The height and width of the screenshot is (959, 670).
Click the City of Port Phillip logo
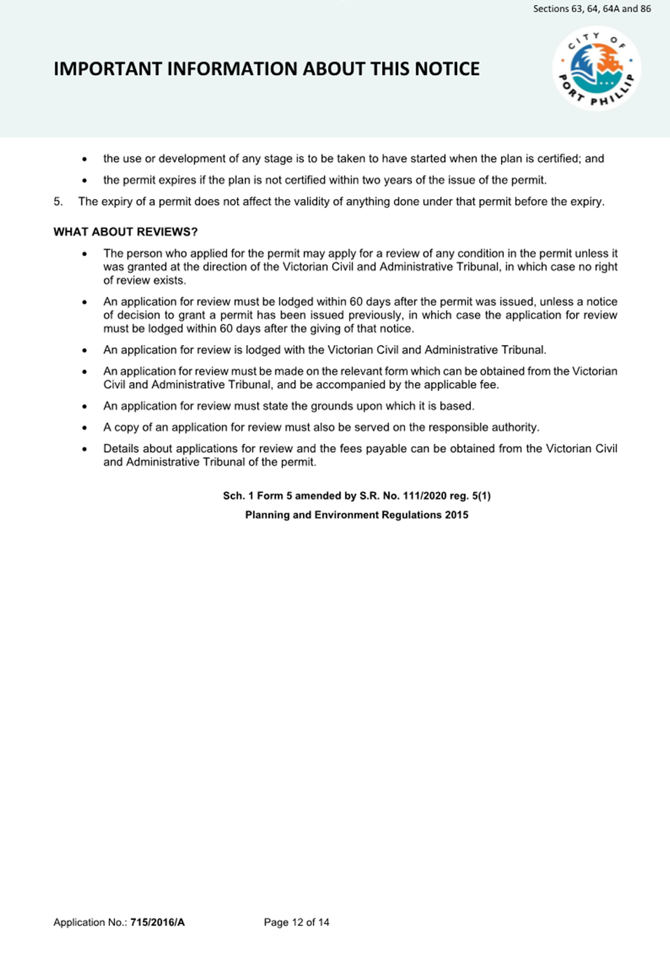pyautogui.click(x=596, y=69)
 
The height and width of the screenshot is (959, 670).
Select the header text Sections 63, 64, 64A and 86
pyautogui.click(x=592, y=9)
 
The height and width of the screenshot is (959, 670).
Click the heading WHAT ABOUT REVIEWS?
pyautogui.click(x=125, y=232)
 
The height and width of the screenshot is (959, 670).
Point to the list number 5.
pyautogui.click(x=57, y=202)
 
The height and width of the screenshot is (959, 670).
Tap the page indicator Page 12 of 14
pyautogui.click(x=296, y=923)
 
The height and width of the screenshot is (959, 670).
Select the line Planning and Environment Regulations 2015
pyautogui.click(x=357, y=515)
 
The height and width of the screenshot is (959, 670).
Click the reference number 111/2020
pyautogui.click(x=424, y=496)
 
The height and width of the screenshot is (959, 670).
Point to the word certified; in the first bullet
pyautogui.click(x=559, y=159)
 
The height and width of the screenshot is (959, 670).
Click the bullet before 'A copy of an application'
pyautogui.click(x=85, y=428)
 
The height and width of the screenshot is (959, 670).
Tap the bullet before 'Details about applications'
pyautogui.click(x=85, y=449)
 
